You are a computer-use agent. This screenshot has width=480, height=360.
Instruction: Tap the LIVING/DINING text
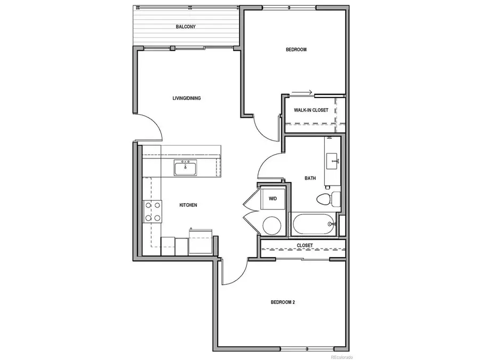coord(186,98)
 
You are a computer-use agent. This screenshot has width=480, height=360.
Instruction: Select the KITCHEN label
coord(188,205)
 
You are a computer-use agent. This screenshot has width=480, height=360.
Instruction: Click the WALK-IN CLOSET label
coord(311,110)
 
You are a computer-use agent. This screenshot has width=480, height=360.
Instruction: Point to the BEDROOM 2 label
coord(283,302)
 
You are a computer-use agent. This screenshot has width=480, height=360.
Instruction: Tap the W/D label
coord(273,198)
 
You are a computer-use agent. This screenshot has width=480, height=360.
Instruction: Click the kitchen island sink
coord(186,168)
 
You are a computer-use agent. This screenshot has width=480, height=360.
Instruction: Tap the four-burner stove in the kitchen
coord(153,211)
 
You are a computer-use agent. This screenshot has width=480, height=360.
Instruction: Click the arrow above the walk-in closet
coord(306,92)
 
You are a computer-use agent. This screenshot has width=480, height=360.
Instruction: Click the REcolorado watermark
coord(341,356)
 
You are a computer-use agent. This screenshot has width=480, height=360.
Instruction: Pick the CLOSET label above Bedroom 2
coord(305,245)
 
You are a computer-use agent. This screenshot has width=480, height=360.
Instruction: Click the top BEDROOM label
coord(296,50)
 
